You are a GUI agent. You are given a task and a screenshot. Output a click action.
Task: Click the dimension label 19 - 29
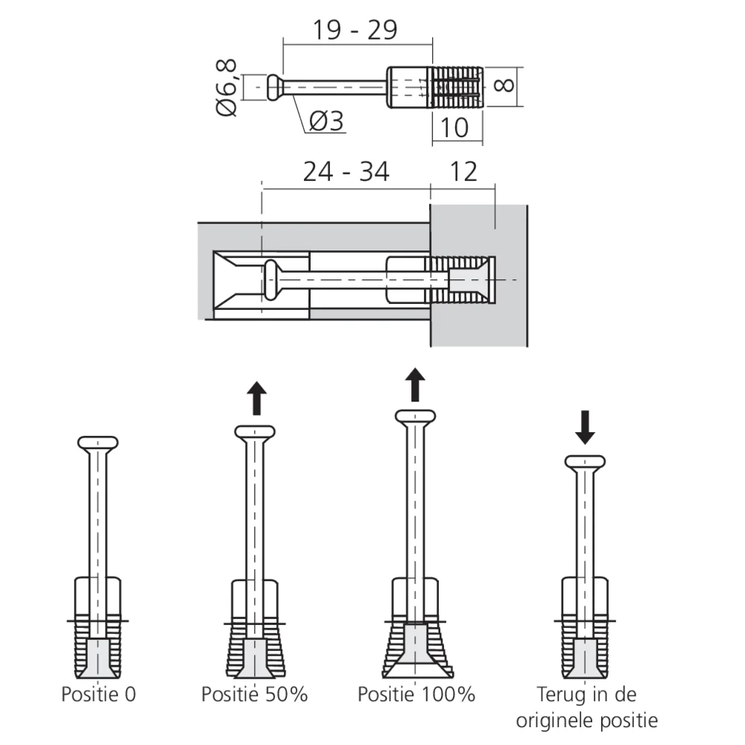[x=354, y=30]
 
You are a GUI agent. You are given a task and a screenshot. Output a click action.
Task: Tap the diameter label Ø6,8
[x=227, y=87]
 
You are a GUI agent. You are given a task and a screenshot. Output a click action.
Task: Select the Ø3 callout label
[x=326, y=121]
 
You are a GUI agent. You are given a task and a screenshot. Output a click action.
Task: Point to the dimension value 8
[x=504, y=83]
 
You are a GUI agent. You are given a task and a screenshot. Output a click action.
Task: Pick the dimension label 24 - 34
[x=346, y=172]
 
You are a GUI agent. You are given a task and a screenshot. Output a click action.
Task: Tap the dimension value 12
[x=463, y=172]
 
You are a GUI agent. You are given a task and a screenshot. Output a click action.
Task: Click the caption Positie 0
[x=98, y=694]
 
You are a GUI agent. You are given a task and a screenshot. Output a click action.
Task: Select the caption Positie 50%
[x=254, y=694]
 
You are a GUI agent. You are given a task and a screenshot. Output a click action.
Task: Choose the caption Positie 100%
[x=416, y=694]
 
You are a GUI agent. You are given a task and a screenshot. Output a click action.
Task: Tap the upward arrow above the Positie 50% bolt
[x=256, y=398]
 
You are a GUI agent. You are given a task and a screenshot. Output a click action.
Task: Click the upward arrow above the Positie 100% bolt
[x=416, y=384]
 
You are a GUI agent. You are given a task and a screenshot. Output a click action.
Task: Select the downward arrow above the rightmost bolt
[x=585, y=429]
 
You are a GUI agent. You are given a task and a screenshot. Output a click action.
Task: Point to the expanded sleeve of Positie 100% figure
[x=416, y=648]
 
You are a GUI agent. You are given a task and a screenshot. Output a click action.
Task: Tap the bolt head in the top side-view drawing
[x=274, y=86]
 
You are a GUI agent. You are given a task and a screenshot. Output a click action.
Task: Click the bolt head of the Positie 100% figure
[x=416, y=416]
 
